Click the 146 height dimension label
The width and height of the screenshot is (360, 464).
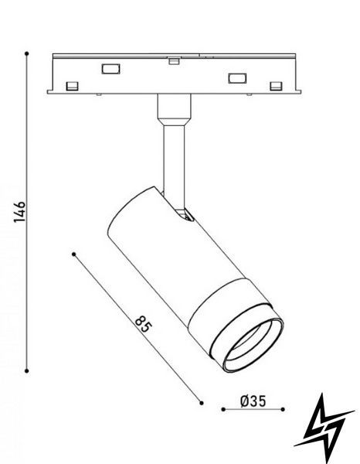(20, 212)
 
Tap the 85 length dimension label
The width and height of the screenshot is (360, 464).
(144, 324)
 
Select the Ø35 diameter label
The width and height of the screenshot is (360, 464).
(253, 401)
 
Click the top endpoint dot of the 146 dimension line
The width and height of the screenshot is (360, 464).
(26, 53)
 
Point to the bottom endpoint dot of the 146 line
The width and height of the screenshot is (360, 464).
(26, 370)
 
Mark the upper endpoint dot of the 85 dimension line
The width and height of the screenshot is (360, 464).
(74, 254)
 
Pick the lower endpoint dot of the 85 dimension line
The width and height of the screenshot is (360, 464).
(202, 403)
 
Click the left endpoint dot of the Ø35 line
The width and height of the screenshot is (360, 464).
(223, 409)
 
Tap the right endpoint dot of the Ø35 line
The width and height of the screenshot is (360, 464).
(283, 409)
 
